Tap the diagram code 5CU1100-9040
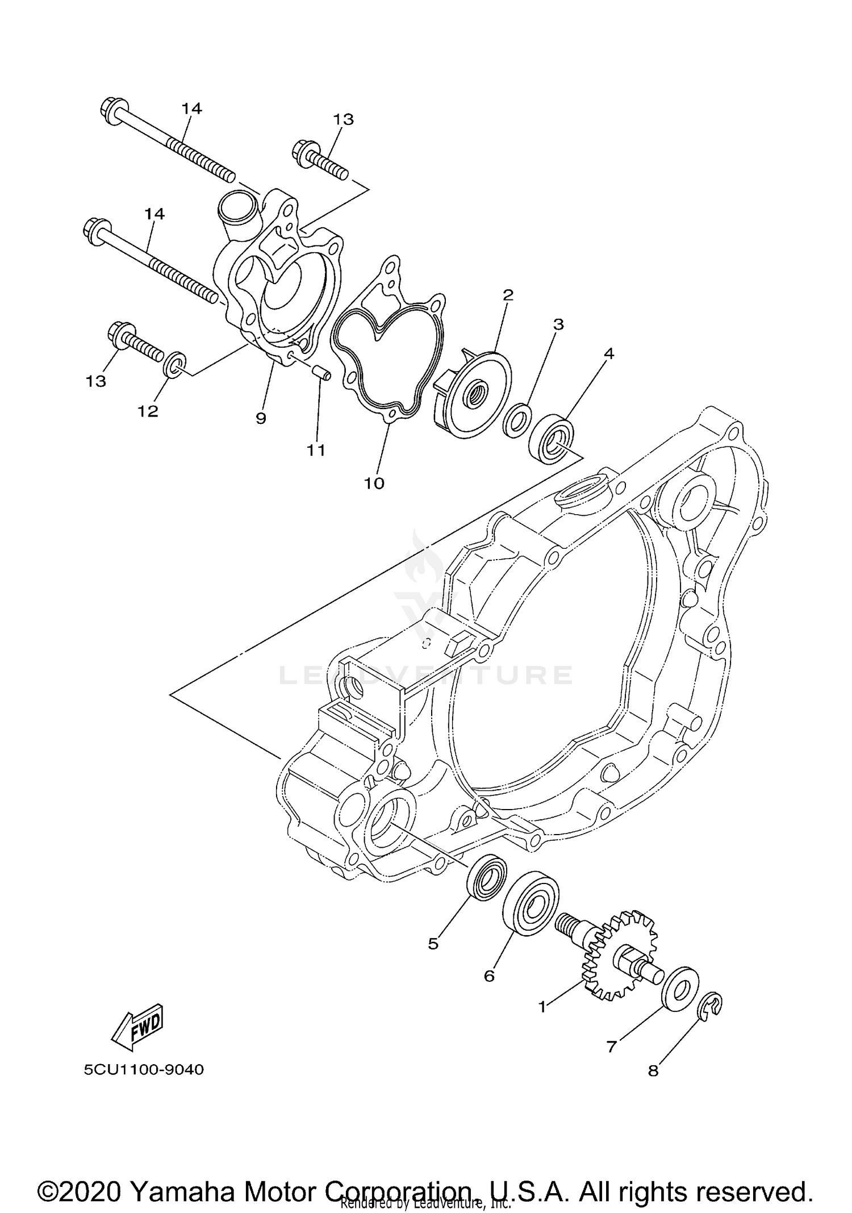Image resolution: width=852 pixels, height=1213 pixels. [x=144, y=1070]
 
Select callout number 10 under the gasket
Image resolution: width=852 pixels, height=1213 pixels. [x=374, y=483]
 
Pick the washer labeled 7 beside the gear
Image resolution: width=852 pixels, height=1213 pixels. [x=681, y=989]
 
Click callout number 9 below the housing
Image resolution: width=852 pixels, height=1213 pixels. [x=261, y=419]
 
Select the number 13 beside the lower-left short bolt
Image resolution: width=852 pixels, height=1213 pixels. [x=96, y=381]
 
